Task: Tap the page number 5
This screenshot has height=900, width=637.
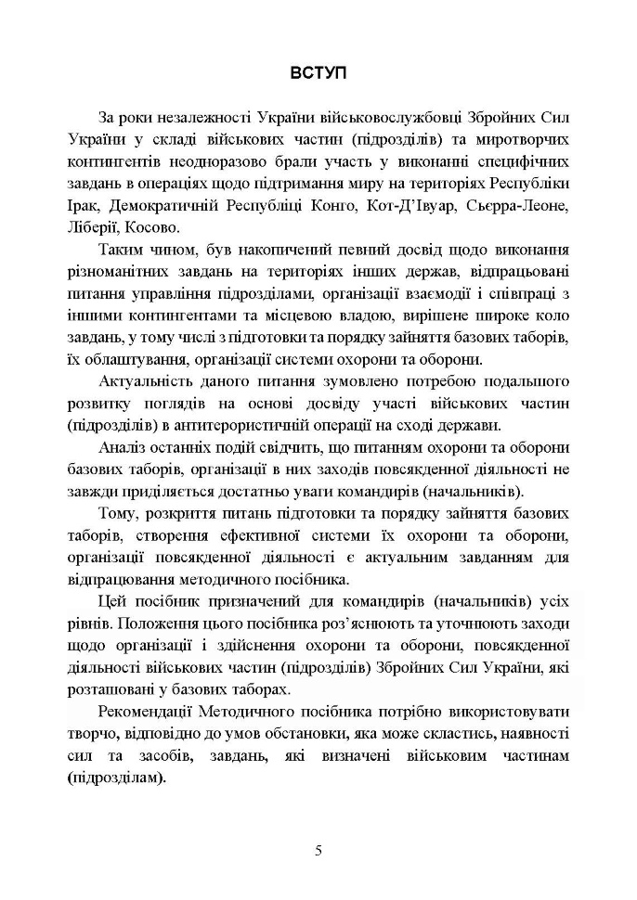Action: (318, 849)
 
